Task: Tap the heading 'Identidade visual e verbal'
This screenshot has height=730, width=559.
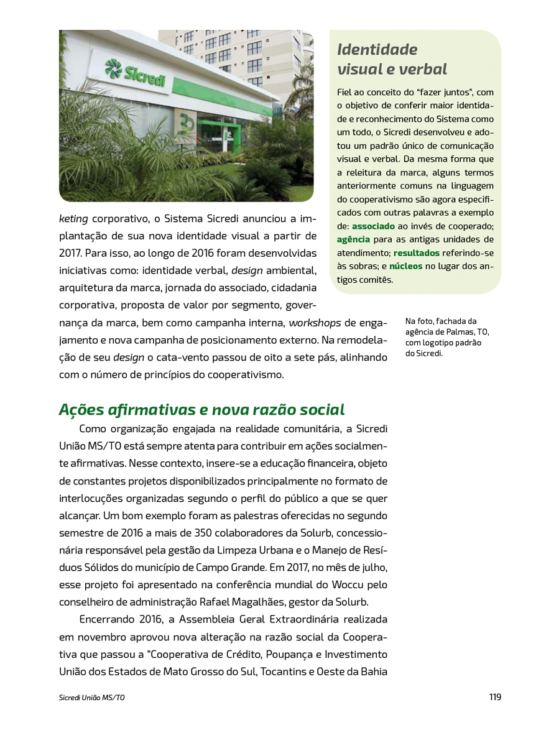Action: tap(392, 58)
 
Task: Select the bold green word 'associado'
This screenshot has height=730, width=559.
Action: tap(373, 226)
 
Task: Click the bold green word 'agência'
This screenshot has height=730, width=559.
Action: tap(353, 239)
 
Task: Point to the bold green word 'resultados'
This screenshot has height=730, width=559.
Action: tap(416, 253)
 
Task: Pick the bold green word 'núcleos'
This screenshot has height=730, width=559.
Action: tap(405, 266)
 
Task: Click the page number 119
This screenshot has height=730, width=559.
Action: tap(494, 697)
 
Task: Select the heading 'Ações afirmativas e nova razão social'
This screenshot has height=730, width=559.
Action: tap(201, 410)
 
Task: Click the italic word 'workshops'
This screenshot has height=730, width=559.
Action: tap(315, 323)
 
